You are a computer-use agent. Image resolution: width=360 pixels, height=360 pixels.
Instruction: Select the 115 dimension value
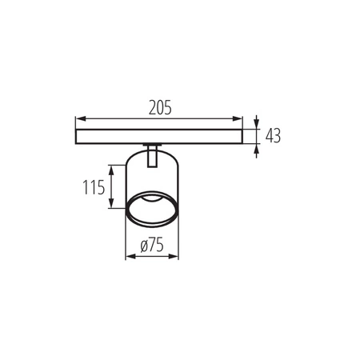(x=94, y=190)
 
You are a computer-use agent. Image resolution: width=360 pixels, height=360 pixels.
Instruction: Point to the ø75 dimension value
(x=152, y=247)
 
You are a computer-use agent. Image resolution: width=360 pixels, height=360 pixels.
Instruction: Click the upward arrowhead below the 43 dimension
(x=256, y=146)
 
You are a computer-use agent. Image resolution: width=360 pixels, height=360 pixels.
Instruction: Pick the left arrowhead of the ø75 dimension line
(x=130, y=258)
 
